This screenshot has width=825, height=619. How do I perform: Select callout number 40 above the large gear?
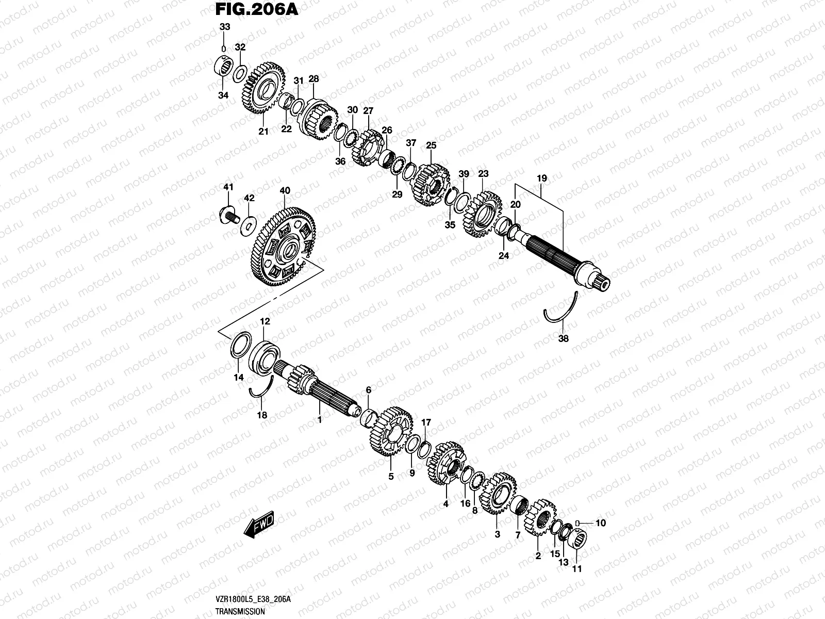click(x=285, y=191)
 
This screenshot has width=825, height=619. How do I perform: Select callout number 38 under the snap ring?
click(x=564, y=339)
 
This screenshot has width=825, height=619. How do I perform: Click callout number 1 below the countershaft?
click(x=319, y=420)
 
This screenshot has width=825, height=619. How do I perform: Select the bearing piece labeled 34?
click(x=223, y=68)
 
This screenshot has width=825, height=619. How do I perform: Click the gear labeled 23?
click(x=482, y=214)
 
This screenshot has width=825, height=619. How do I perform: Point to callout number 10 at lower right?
click(x=600, y=523)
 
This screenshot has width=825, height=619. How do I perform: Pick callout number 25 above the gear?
click(x=431, y=146)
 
